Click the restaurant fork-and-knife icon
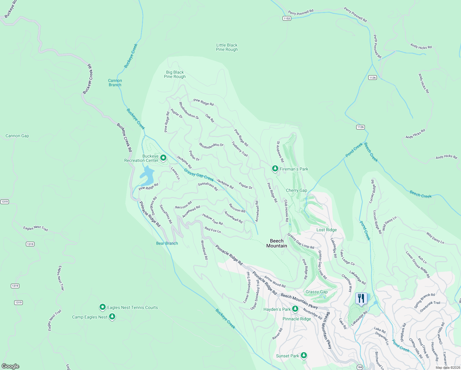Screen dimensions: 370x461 click(361, 298)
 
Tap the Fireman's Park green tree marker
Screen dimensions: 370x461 click(275, 169)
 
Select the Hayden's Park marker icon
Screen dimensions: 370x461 click(295, 309)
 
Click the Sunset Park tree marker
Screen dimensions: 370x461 click(304, 356)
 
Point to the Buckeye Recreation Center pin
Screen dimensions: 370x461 click(163, 158)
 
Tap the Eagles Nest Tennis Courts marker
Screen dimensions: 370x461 click(103, 307)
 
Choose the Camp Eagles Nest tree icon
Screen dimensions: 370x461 click(112, 317)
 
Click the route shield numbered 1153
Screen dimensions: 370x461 click(287, 18)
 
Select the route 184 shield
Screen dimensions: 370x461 click(360, 367)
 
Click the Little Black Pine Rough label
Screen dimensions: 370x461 click(227, 47)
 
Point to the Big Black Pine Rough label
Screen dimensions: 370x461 click(175, 74)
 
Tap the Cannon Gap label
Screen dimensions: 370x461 click(17, 136)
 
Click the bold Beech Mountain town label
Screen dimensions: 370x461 click(276, 243)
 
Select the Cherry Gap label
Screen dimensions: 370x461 click(296, 190)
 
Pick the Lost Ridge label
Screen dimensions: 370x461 click(327, 230)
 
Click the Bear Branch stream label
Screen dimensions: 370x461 click(167, 243)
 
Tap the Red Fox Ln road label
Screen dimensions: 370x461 click(213, 230)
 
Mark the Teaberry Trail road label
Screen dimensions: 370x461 click(240, 149)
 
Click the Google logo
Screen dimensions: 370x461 click(10, 366)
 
